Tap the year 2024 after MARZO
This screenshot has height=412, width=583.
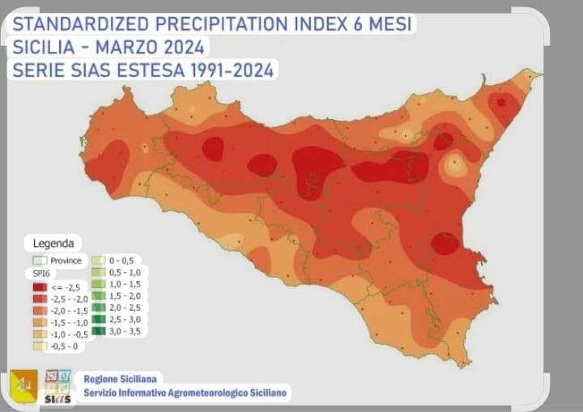(180, 47)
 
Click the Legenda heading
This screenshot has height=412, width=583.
(53, 242)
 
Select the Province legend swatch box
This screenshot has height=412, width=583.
(38, 261)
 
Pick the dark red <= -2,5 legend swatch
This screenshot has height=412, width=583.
(38, 287)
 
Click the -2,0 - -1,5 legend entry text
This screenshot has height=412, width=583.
(71, 310)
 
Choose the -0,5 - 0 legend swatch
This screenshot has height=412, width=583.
(38, 345)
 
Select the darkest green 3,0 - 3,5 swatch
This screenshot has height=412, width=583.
(97, 330)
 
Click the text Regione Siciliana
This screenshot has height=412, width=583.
(122, 378)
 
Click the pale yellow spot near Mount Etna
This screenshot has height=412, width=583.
(456, 166)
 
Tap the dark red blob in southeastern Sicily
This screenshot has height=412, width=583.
(444, 243)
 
